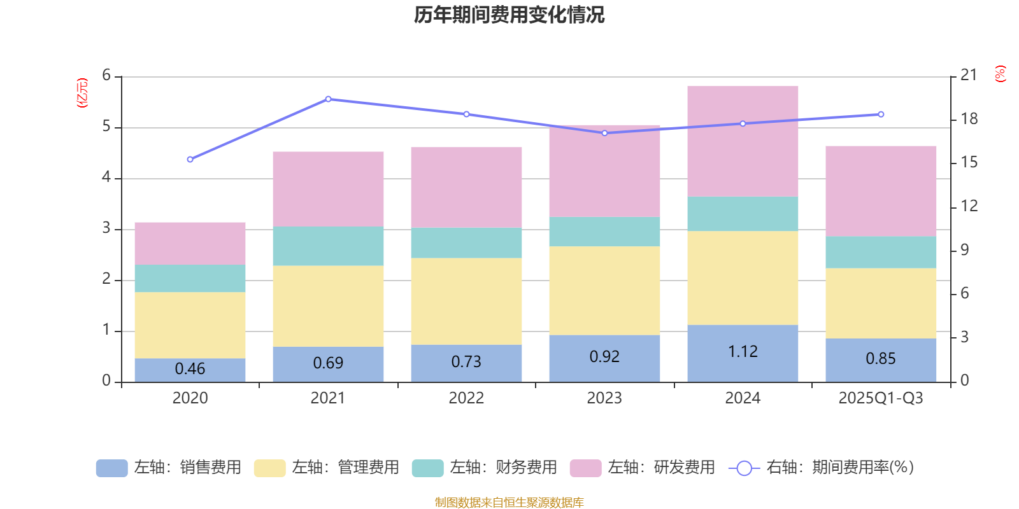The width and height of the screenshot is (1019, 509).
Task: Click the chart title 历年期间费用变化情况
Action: click(509, 15)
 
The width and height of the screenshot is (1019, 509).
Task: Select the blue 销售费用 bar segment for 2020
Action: click(190, 370)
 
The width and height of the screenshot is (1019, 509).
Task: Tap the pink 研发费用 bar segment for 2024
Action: click(743, 141)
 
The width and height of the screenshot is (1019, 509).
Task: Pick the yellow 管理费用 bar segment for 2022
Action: click(466, 301)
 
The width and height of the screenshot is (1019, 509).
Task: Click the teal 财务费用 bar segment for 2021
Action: click(328, 246)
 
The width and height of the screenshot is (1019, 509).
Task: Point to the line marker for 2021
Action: click(328, 99)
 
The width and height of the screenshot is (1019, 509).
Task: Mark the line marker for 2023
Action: click(604, 133)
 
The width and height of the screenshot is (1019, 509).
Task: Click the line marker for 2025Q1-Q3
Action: click(881, 115)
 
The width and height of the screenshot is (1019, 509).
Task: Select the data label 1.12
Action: click(743, 352)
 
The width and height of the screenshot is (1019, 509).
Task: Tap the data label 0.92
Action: click(604, 357)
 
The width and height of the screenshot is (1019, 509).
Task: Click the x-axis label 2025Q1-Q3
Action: click(880, 398)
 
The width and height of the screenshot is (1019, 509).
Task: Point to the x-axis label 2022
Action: click(466, 398)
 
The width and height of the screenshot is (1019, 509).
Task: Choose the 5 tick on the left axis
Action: click(106, 127)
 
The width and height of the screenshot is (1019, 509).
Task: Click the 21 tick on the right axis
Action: click(969, 75)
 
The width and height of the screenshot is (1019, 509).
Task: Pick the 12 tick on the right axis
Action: click(969, 206)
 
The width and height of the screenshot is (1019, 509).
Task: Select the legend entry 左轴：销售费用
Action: click(169, 468)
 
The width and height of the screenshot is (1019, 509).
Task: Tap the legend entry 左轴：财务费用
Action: click(485, 468)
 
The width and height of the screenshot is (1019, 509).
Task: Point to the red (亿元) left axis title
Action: click(82, 93)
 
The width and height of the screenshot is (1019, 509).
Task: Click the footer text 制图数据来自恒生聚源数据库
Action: click(509, 503)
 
